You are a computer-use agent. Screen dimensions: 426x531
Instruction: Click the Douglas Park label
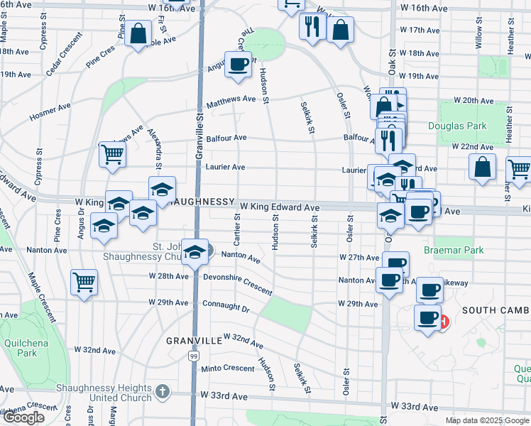[x=457, y=126]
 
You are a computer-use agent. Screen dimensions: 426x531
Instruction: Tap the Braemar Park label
[x=454, y=250]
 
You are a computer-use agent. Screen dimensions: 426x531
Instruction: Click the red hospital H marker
[x=444, y=322]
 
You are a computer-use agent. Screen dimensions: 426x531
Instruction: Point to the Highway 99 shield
[x=193, y=355]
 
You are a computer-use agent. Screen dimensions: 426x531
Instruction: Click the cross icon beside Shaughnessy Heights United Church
[x=163, y=391]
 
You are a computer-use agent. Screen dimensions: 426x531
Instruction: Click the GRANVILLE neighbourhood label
[x=195, y=341]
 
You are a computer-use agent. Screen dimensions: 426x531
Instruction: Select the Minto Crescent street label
[x=227, y=368]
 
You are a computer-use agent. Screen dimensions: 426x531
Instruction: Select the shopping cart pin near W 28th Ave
[x=84, y=283]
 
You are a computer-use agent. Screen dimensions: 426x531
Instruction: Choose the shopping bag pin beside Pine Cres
[x=138, y=32]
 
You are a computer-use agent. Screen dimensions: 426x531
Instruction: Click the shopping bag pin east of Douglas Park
[x=483, y=168]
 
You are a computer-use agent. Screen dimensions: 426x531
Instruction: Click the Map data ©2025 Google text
[x=488, y=420]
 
